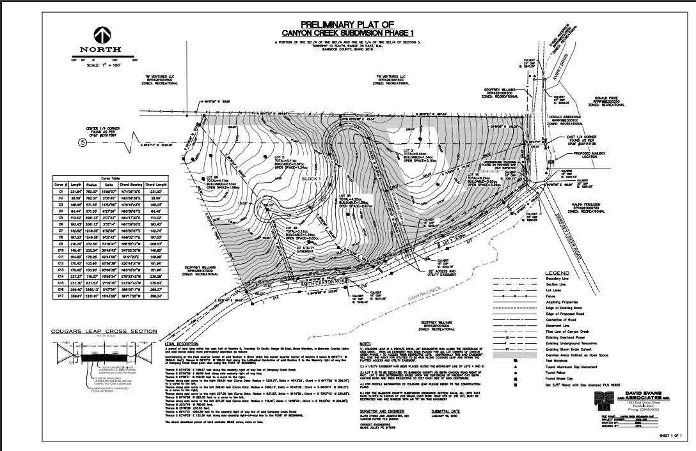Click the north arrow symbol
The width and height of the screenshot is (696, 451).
click(x=103, y=36)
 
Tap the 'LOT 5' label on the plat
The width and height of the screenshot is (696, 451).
click(x=278, y=156)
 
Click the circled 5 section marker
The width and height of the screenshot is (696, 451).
click(x=82, y=142)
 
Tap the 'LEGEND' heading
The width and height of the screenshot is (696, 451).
click(x=564, y=272)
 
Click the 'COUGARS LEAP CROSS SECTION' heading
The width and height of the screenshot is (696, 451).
click(x=103, y=331)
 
